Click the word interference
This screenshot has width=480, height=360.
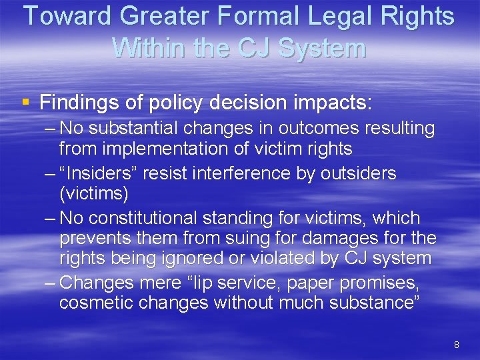click(x=233, y=173)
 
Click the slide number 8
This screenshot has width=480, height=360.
click(x=457, y=345)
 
